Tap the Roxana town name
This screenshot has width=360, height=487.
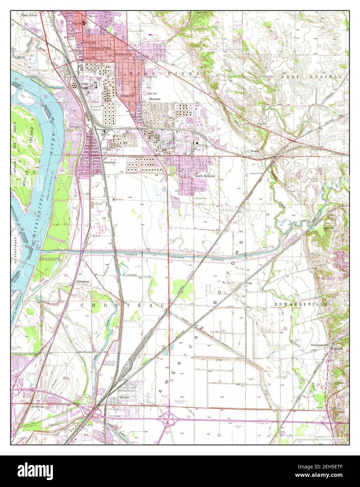click(155, 99)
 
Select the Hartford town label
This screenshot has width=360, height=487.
click(110, 163)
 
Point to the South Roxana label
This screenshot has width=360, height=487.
click(204, 176)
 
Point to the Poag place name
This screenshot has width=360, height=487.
click(249, 283)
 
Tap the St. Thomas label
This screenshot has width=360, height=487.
click(37, 407)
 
